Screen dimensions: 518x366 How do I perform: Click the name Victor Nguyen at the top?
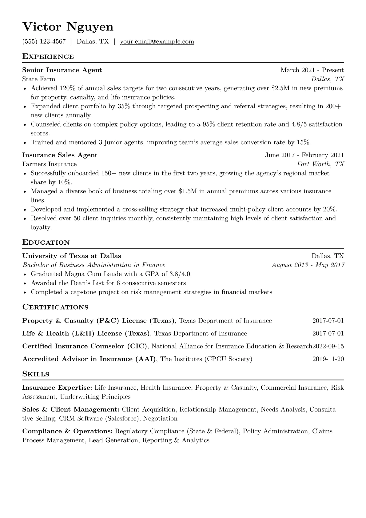pyautogui.click(x=68, y=27)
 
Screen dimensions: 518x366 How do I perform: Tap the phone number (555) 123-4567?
pyautogui.click(x=44, y=42)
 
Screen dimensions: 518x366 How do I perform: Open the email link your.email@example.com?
pyautogui.click(x=157, y=42)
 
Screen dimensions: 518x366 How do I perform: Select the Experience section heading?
pyautogui.click(x=48, y=57)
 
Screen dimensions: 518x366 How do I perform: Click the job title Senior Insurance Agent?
pyautogui.click(x=62, y=70)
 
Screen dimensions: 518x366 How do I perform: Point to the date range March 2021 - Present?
pyautogui.click(x=312, y=70)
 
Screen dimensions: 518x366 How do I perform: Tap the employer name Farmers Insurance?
pyautogui.click(x=50, y=164)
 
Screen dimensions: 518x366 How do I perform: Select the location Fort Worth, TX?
pyautogui.click(x=320, y=164)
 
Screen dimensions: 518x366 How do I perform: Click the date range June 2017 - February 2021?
pyautogui.click(x=304, y=155)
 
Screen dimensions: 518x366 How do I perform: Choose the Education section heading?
pyautogui.click(x=46, y=243)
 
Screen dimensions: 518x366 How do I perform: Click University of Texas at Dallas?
pyautogui.click(x=72, y=256)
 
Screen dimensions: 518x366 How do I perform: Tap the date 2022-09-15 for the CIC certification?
pyautogui.click(x=328, y=346)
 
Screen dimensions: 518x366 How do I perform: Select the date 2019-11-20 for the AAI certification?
pyautogui.click(x=328, y=359)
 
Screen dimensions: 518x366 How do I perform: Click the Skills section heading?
pyautogui.click(x=36, y=374)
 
